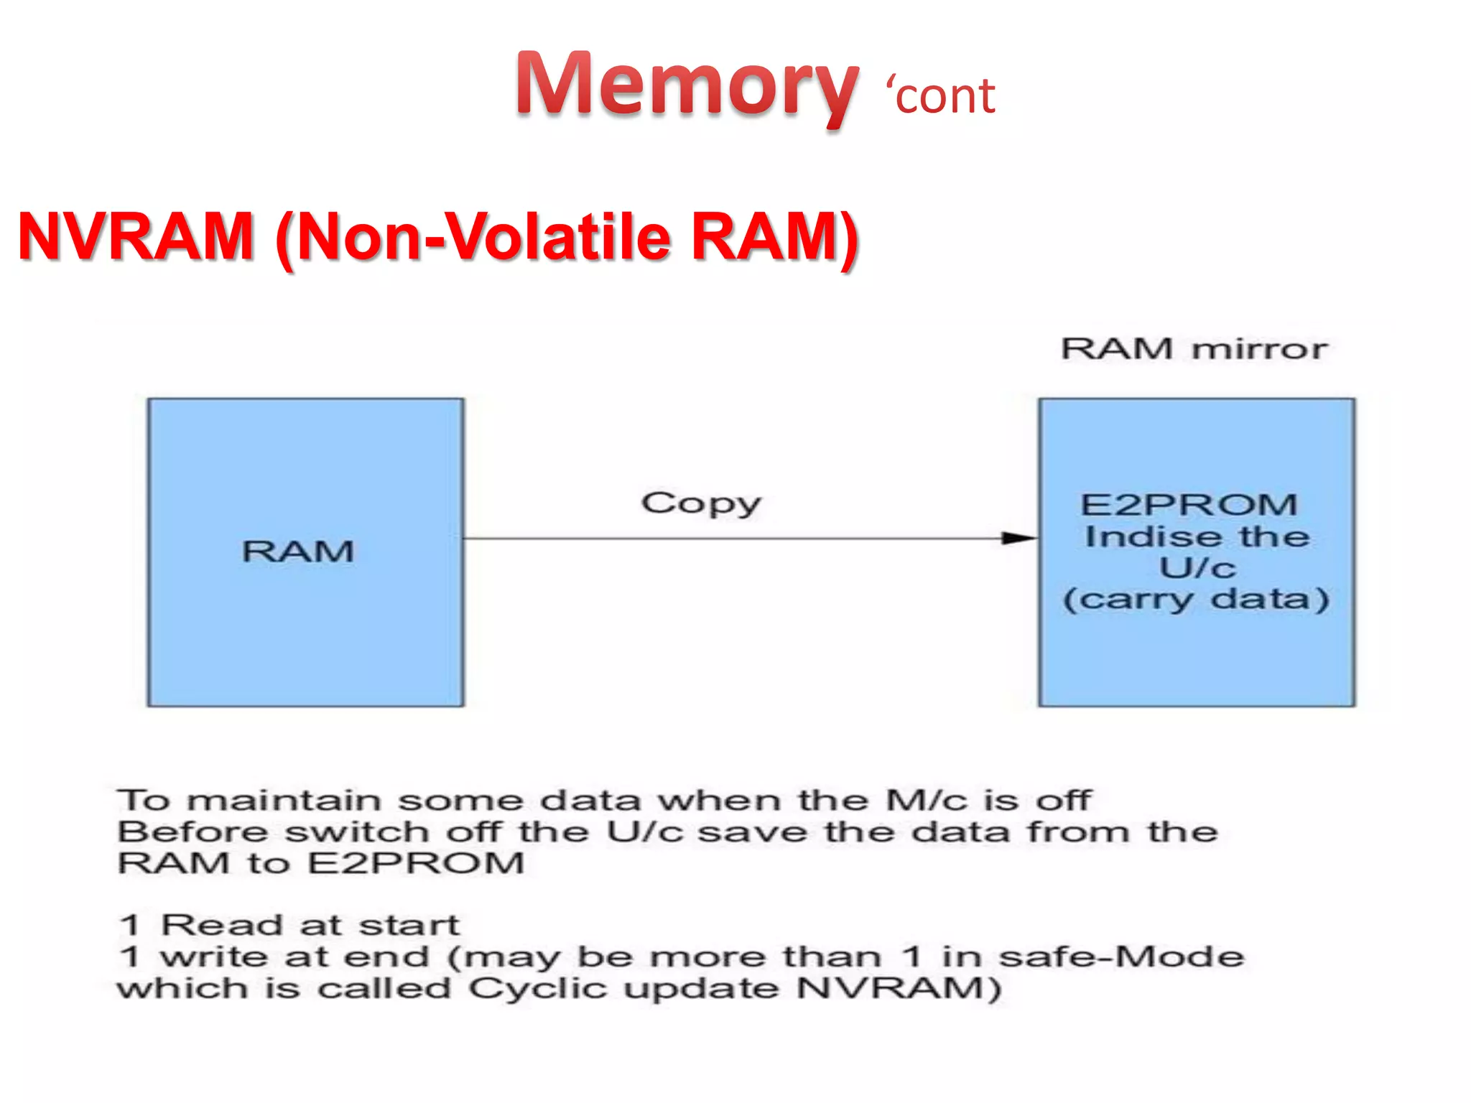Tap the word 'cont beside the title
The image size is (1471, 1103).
pos(941,96)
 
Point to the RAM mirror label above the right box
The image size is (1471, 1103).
pos(1194,349)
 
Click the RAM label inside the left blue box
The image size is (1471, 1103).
pos(298,551)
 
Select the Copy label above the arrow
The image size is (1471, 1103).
pos(701,503)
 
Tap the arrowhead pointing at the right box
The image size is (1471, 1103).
pos(1018,538)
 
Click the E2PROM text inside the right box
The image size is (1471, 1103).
pos(1189,504)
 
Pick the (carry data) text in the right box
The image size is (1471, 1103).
pos(1196,599)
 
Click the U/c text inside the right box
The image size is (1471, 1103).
pos(1197,567)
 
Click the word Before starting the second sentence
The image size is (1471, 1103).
pos(193,832)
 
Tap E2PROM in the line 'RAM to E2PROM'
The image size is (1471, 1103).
pos(417,862)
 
